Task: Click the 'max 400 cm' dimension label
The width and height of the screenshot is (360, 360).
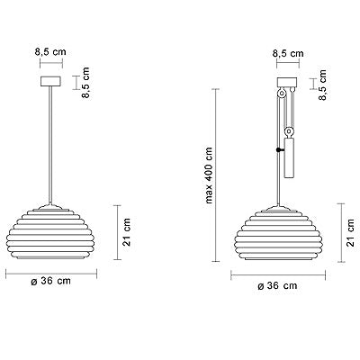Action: (209, 175)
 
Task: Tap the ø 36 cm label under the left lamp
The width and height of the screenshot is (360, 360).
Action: (51, 281)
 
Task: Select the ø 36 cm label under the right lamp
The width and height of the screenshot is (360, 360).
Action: (277, 285)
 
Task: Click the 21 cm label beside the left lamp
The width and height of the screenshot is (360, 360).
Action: (127, 232)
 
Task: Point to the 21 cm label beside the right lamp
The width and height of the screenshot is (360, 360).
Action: (350, 233)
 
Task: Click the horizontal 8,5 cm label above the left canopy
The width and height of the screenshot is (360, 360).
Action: (50, 52)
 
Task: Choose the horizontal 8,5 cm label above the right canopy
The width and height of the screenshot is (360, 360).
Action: (288, 54)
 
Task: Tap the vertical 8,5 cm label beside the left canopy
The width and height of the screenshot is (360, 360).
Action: (85, 83)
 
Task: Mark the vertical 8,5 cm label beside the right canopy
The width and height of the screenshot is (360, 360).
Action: (322, 85)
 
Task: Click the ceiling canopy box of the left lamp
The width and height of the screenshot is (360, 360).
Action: (50, 81)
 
